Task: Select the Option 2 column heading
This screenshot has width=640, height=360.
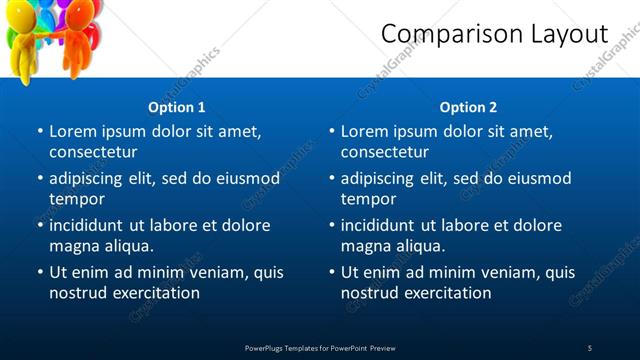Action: [x=468, y=107]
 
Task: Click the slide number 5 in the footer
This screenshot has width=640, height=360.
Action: [x=590, y=347]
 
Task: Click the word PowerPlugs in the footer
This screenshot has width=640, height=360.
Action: [x=267, y=347]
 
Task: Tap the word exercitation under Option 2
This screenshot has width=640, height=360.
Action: [x=443, y=293]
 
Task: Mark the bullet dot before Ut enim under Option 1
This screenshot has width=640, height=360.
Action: [x=40, y=272]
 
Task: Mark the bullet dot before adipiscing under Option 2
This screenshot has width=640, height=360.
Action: [x=332, y=178]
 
